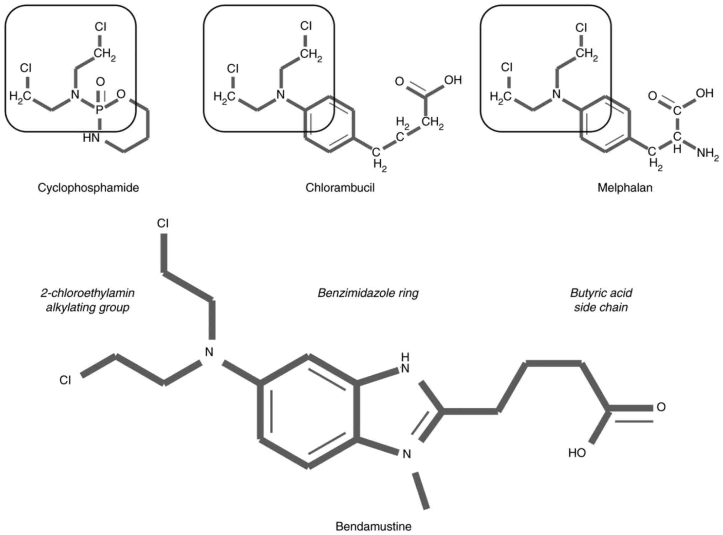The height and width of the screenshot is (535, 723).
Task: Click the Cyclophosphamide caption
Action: click(x=88, y=187)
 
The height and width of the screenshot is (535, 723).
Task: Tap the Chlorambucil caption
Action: click(x=340, y=187)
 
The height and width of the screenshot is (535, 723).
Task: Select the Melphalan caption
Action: click(x=625, y=187)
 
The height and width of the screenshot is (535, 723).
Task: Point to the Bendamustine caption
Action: click(x=373, y=526)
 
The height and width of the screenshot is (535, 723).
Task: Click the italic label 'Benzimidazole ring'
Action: click(x=368, y=293)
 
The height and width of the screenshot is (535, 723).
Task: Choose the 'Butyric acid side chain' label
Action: click(x=601, y=300)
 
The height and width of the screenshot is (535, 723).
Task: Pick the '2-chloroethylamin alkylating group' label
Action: click(x=88, y=300)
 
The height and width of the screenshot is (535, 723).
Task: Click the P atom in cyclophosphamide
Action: click(x=100, y=110)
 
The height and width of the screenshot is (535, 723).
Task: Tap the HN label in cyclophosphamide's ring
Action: click(x=91, y=138)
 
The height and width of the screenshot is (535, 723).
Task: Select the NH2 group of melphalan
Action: click(x=707, y=154)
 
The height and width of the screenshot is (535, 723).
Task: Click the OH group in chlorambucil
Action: click(x=453, y=80)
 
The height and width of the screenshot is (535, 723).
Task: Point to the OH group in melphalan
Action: click(x=704, y=94)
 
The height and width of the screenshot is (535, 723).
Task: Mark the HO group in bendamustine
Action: click(x=577, y=453)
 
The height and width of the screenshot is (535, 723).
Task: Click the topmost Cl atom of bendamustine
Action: click(x=163, y=223)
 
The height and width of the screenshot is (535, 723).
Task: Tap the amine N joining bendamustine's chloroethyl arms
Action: click(x=209, y=352)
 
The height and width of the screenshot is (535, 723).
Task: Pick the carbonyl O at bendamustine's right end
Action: click(x=661, y=407)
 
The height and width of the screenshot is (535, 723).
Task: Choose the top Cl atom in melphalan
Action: click(x=581, y=27)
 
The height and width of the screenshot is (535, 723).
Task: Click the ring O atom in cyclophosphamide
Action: click(x=121, y=94)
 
